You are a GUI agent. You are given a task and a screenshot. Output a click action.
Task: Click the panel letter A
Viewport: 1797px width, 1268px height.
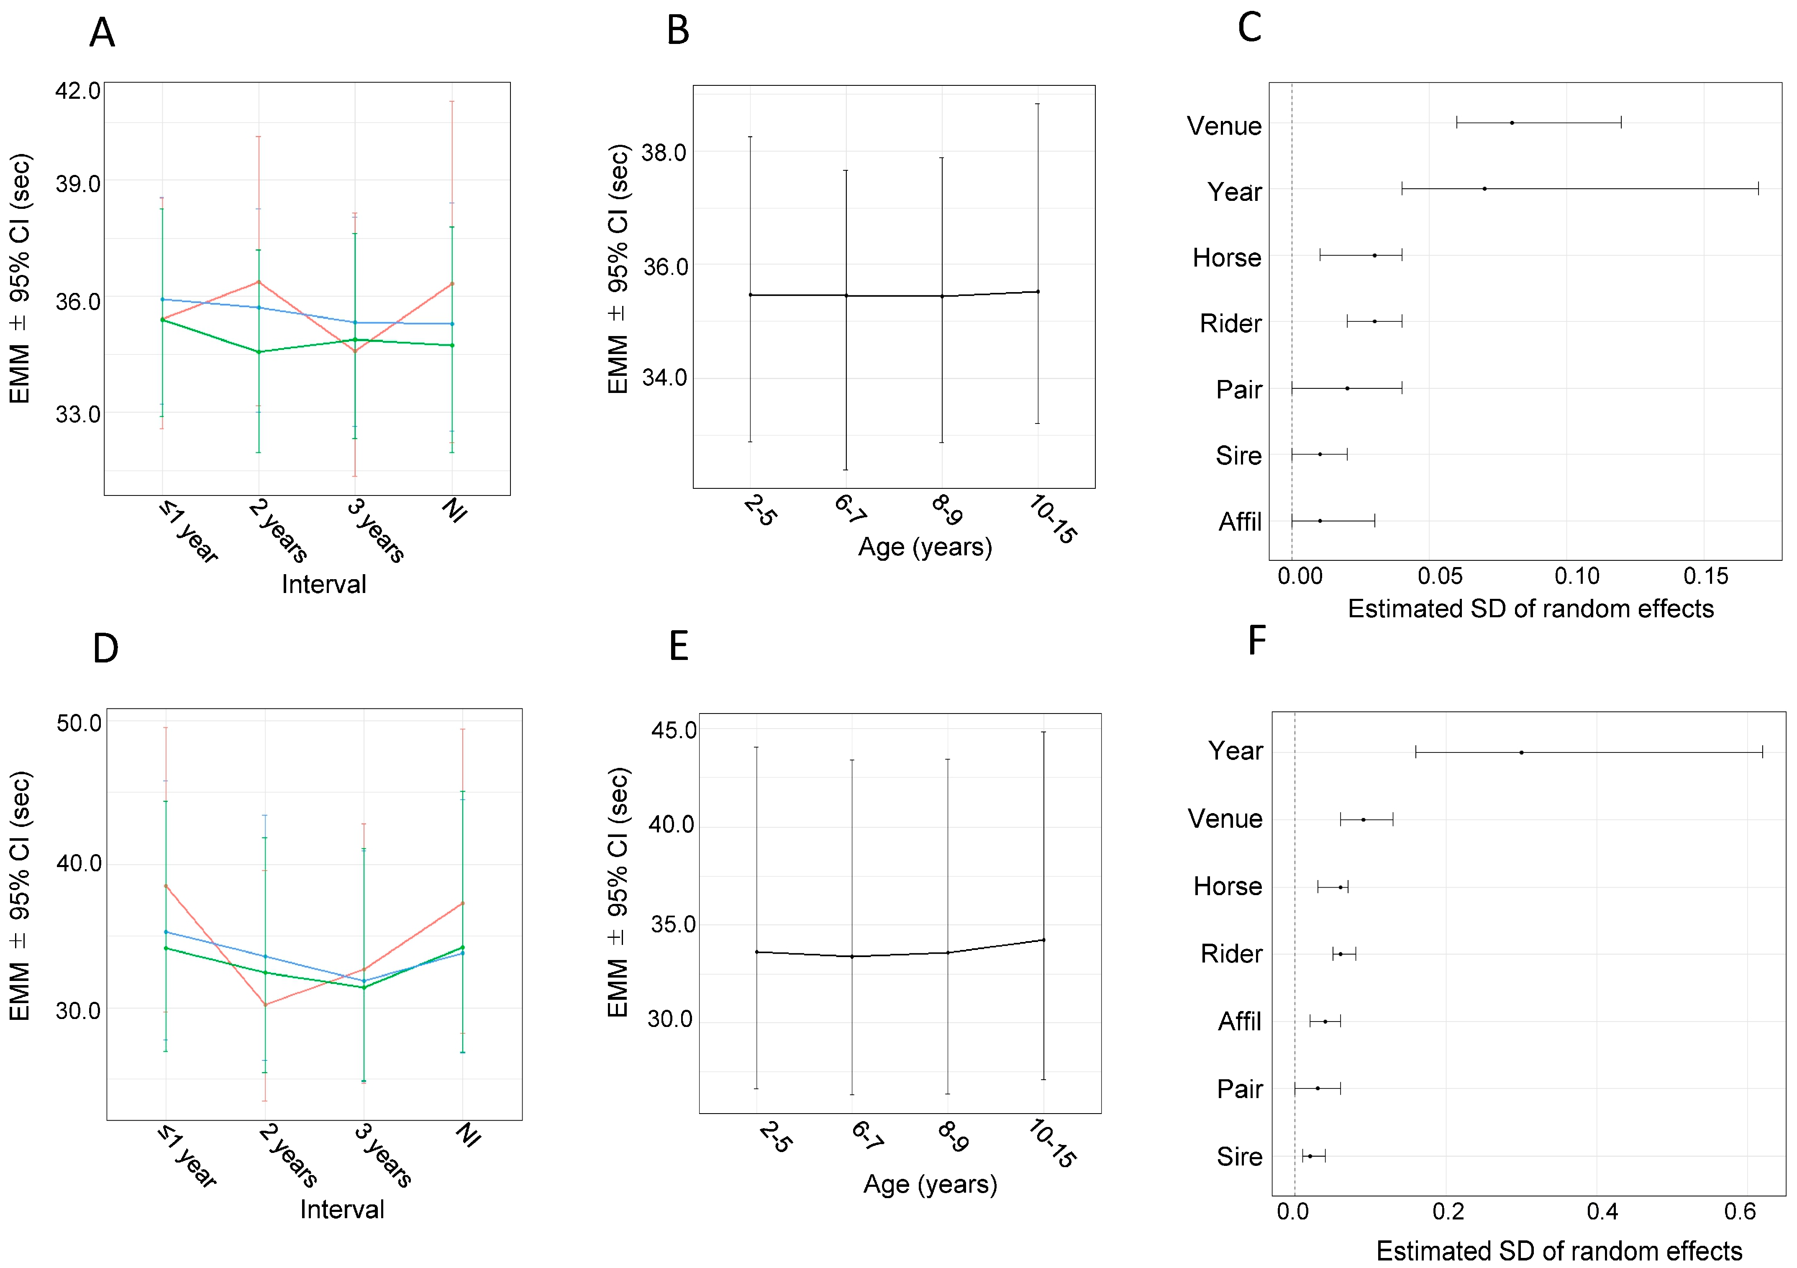(x=103, y=33)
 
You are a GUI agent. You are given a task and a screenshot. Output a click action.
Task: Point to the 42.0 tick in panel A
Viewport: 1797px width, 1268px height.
(x=77, y=91)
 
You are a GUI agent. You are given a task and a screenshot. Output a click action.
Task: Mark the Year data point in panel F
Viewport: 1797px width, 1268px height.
(x=1521, y=752)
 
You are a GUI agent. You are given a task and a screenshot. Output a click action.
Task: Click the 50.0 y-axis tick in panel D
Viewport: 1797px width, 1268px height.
(x=79, y=723)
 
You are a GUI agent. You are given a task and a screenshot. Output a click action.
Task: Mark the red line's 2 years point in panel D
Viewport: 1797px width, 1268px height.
(x=265, y=1004)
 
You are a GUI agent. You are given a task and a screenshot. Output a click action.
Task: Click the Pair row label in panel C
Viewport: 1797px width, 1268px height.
(x=1239, y=389)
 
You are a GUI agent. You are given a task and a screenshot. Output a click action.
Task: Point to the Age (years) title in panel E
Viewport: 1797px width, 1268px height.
(x=931, y=1184)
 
